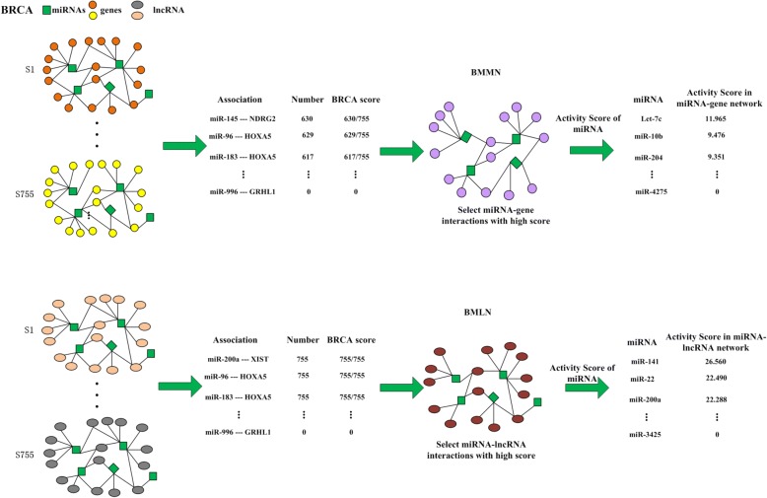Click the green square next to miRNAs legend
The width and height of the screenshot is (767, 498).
[x=56, y=10]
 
